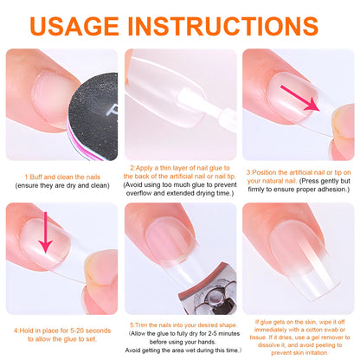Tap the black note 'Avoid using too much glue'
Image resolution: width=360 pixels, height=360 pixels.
180,185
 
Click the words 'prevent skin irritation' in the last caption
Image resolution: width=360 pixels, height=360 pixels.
299,352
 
